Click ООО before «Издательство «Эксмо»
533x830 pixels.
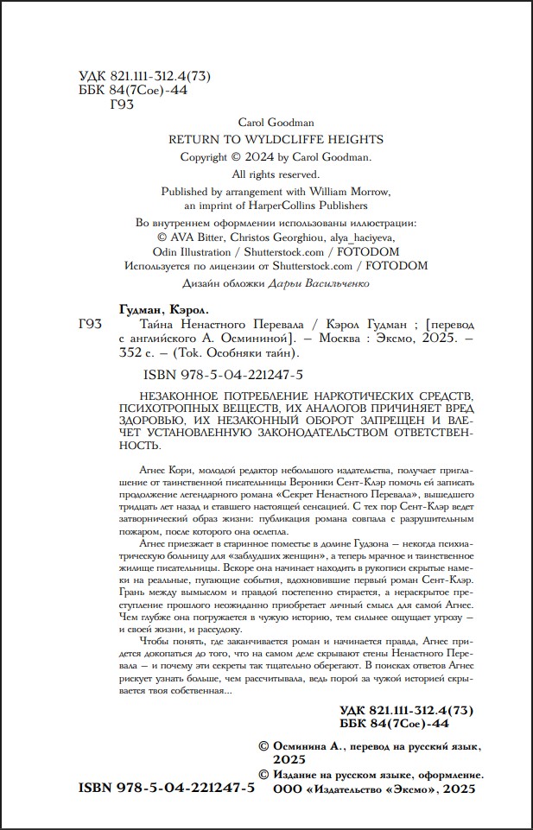point(289,790)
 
